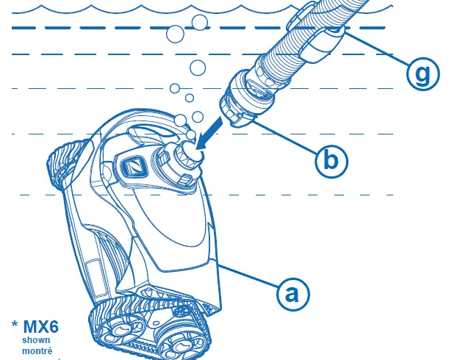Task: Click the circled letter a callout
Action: (292, 294)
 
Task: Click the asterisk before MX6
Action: (15, 325)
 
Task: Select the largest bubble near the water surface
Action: (177, 34)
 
